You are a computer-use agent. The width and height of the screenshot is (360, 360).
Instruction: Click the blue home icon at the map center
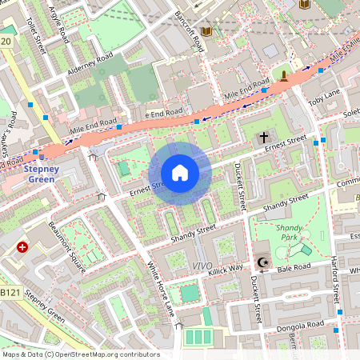[x=180, y=173]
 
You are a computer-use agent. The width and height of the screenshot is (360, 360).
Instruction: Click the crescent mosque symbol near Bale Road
[x=262, y=262]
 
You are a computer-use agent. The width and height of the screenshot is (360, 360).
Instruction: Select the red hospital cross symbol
[x=22, y=249]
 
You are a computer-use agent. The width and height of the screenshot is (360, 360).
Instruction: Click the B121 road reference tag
[x=9, y=294]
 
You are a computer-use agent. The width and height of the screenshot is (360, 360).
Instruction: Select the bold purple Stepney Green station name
[x=39, y=174]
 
